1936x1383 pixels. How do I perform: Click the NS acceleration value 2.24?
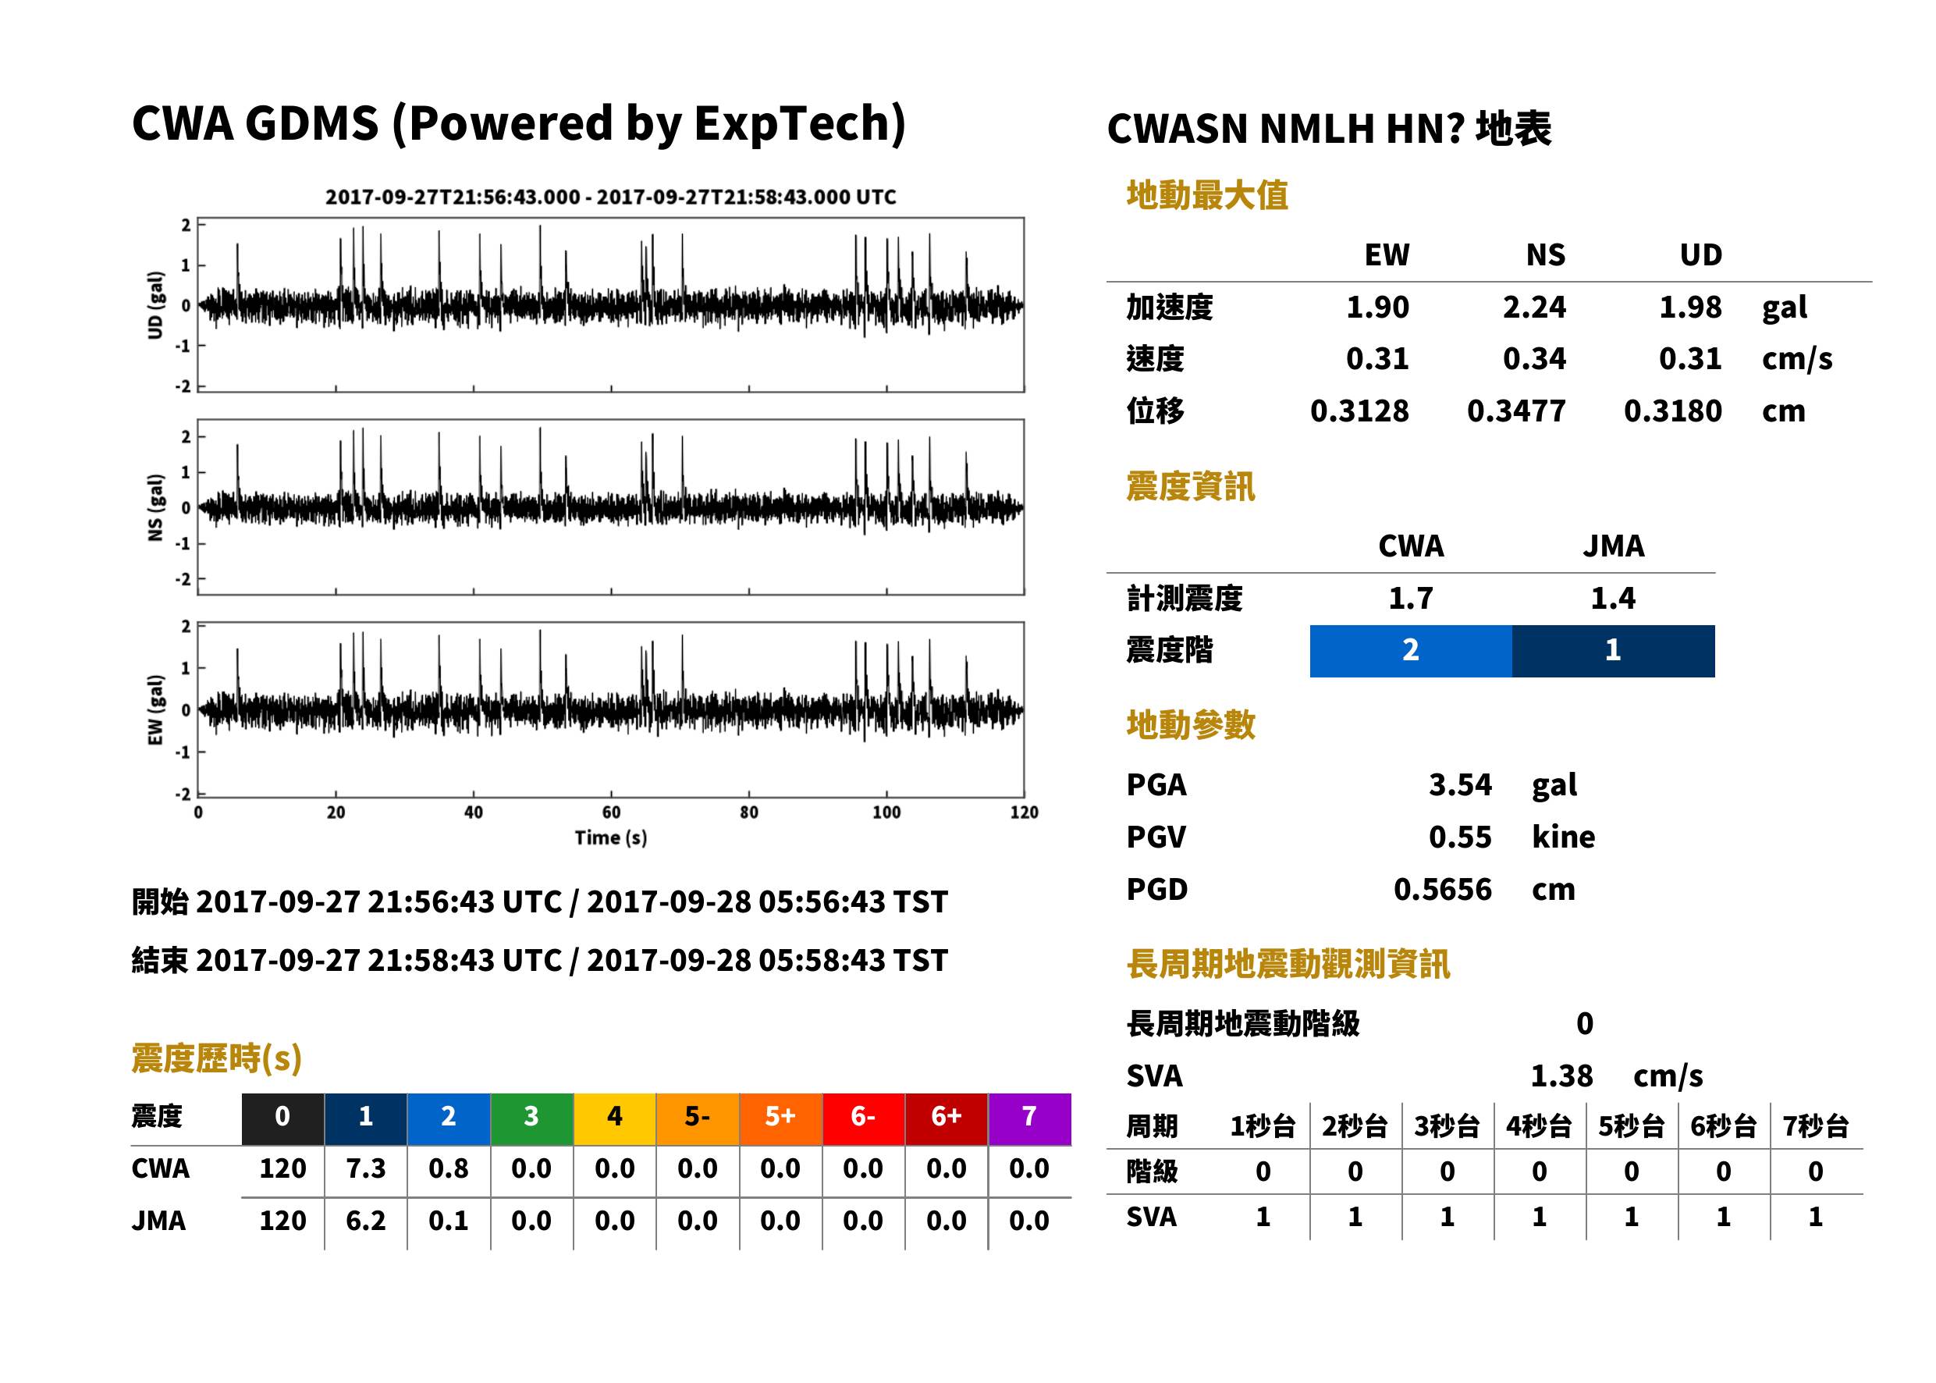[x=1533, y=308]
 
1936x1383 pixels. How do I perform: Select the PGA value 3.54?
[x=1460, y=784]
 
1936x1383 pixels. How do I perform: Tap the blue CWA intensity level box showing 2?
[x=1411, y=651]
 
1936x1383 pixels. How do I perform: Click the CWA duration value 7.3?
[x=365, y=1168]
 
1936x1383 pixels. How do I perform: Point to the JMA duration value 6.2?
[x=365, y=1221]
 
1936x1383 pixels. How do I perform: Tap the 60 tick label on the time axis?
[x=611, y=812]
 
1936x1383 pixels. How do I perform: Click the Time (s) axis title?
[x=610, y=838]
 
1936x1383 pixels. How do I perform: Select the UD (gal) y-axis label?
[x=155, y=305]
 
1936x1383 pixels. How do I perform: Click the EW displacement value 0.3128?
[x=1359, y=411]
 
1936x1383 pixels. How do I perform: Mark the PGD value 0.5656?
[x=1443, y=890]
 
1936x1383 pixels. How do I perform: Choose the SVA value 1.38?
[x=1561, y=1076]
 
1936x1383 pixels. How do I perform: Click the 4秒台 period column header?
[x=1540, y=1127]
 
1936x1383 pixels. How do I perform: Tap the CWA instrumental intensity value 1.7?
[x=1411, y=599]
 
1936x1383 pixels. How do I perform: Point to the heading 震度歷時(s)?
[x=217, y=1058]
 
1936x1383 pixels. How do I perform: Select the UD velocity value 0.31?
[x=1690, y=358]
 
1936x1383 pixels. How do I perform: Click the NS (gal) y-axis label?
[x=155, y=507]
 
